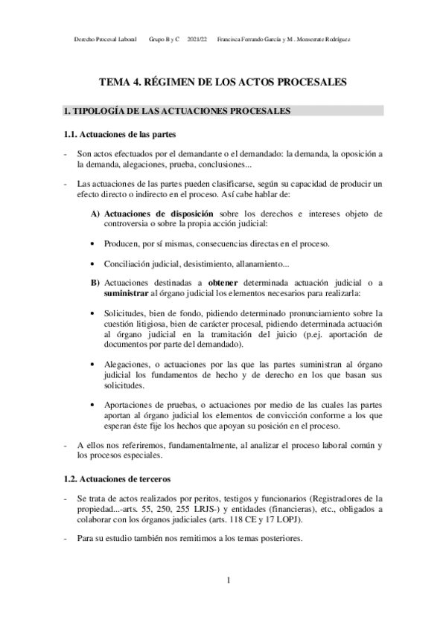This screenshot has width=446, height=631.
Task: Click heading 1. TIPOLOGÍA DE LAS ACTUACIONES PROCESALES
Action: [177, 112]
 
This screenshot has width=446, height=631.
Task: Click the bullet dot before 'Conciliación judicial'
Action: [92, 264]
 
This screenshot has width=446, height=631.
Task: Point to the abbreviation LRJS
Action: [177, 509]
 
